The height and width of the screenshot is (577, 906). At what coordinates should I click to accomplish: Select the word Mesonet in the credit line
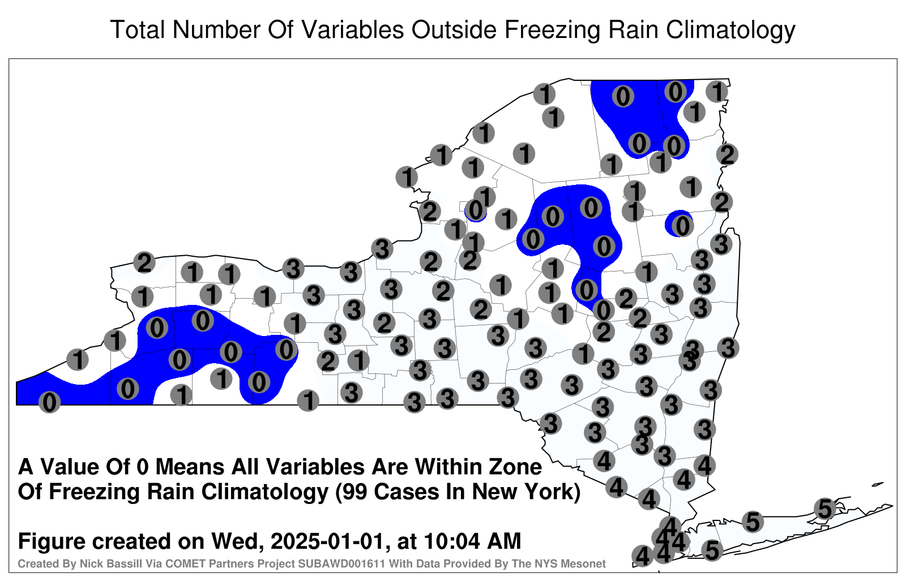587,563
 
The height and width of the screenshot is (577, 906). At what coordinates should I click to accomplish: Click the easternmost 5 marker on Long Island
824,509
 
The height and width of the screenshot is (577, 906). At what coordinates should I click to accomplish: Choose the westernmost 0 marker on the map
49,402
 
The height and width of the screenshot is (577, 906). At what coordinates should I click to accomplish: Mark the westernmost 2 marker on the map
144,262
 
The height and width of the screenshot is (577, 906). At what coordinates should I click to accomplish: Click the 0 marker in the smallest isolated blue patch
476,210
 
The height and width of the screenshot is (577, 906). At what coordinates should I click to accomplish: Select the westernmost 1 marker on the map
77,359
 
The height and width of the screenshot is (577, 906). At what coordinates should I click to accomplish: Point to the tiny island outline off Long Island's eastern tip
878,484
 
